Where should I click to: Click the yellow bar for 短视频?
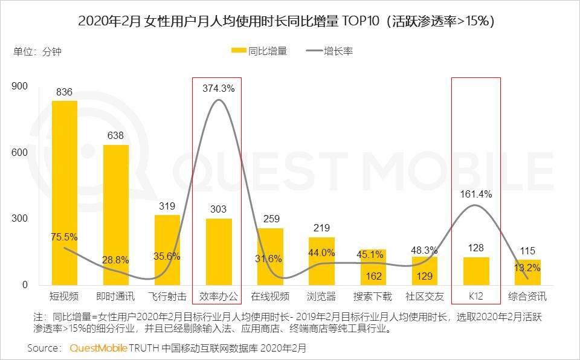coord(64,193)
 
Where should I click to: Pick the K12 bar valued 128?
coord(476,271)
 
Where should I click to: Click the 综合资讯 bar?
coord(527,273)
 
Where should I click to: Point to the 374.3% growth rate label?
coord(219,88)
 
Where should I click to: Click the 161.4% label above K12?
coord(476,194)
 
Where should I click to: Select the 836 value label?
coord(64,92)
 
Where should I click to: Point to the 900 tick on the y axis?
coord(20,86)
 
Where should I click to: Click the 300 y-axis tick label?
coord(20,219)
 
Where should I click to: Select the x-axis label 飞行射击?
coord(167,297)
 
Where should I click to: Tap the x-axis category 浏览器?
coord(321,297)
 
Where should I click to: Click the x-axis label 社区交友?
coord(424,297)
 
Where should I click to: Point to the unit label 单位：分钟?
coord(37,51)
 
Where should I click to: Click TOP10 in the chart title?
coord(362,21)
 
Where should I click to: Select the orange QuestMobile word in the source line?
coord(98,348)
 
